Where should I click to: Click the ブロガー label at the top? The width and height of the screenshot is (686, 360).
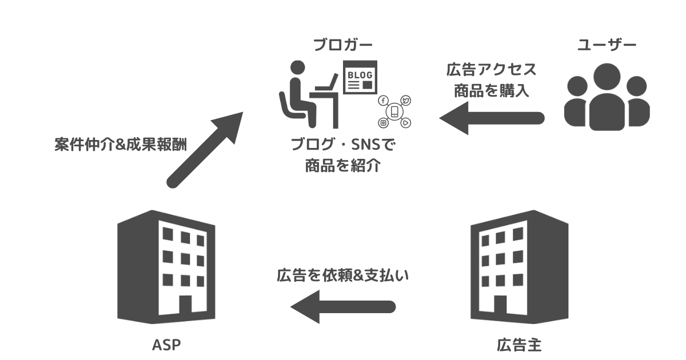click(343, 45)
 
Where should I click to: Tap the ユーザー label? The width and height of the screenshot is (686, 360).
click(607, 45)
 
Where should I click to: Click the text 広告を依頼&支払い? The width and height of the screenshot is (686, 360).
click(344, 275)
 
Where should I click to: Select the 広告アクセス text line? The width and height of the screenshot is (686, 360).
click(492, 70)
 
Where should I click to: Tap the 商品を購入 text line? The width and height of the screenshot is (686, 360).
click(492, 90)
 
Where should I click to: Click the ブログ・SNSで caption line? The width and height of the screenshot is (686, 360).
click(343, 145)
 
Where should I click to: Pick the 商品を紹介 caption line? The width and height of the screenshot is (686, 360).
click(343, 166)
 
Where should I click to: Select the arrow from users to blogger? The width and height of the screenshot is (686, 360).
click(492, 118)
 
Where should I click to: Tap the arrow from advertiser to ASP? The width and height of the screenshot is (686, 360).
click(343, 307)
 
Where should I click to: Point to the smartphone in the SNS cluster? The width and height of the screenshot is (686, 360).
click(394, 111)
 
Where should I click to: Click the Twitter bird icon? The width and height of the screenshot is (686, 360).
click(406, 101)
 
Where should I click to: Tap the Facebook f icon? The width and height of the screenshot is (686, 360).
click(383, 101)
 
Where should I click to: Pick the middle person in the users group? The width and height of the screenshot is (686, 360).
click(607, 94)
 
